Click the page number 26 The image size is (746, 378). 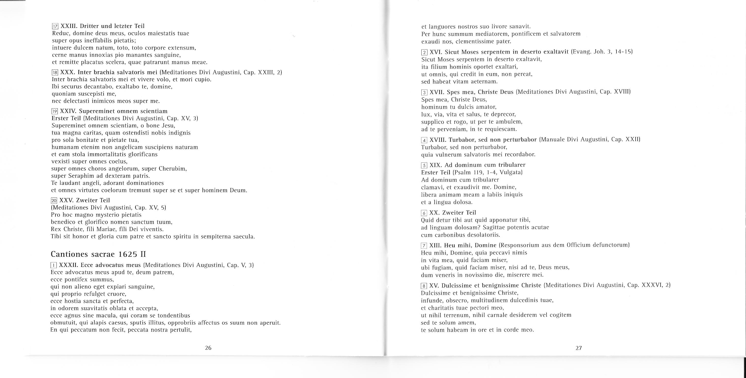208,348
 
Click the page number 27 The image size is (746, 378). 579,348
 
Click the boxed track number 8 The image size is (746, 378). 424,286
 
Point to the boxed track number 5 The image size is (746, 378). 424,165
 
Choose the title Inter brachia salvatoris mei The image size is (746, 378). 117,72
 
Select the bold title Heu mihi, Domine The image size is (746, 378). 470,245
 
